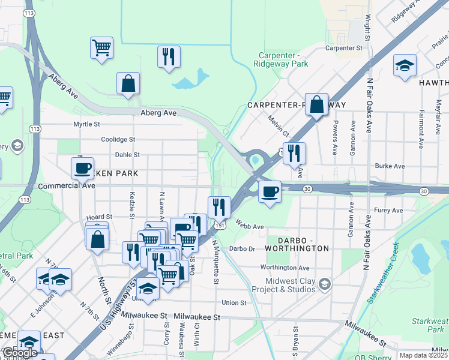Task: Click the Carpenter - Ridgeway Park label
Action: pos(276,59)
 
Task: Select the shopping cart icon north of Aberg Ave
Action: pos(102,47)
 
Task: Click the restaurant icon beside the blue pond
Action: pos(169,56)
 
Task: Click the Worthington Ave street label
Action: pos(285,268)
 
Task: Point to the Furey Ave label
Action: pos(388,211)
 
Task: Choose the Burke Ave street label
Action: pos(390,166)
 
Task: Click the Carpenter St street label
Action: pos(344,47)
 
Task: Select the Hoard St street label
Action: pos(100,217)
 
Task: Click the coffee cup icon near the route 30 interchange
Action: pos(270,191)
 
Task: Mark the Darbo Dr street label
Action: pos(243,248)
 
